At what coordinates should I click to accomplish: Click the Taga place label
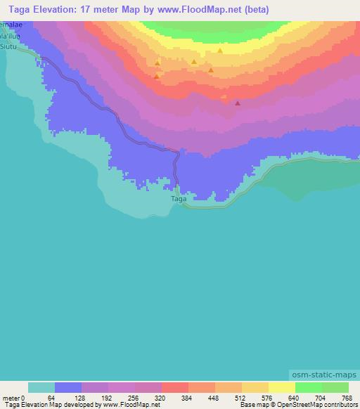click(x=179, y=199)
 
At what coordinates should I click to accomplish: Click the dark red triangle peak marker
click(x=238, y=103)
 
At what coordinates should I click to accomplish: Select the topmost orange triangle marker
click(x=220, y=51)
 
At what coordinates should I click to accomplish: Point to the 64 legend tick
click(x=51, y=398)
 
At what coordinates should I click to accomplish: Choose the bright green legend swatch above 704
click(x=309, y=387)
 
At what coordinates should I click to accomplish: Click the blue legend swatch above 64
click(x=68, y=387)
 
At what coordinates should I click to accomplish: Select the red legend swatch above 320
click(x=175, y=387)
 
